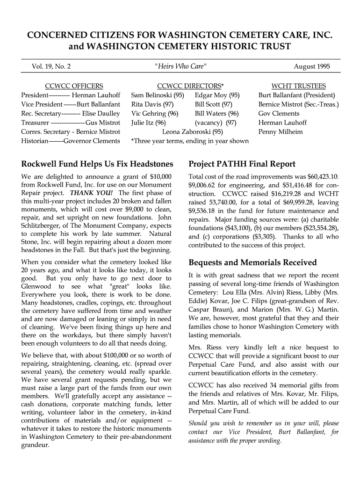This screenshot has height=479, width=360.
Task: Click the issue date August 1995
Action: [x=311, y=66]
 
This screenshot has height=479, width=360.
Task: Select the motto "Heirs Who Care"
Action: [x=180, y=66]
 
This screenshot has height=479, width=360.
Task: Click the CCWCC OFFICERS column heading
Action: [x=73, y=86]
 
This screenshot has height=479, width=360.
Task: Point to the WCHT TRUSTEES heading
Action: [x=299, y=86]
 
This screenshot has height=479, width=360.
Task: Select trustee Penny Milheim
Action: [x=281, y=132]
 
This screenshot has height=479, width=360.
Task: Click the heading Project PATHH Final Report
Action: [x=242, y=164]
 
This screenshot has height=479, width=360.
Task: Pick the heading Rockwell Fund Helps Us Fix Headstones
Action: [x=97, y=164]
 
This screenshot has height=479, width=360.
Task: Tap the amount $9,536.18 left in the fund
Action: [x=205, y=211]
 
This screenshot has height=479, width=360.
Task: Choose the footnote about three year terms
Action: [x=190, y=141]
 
